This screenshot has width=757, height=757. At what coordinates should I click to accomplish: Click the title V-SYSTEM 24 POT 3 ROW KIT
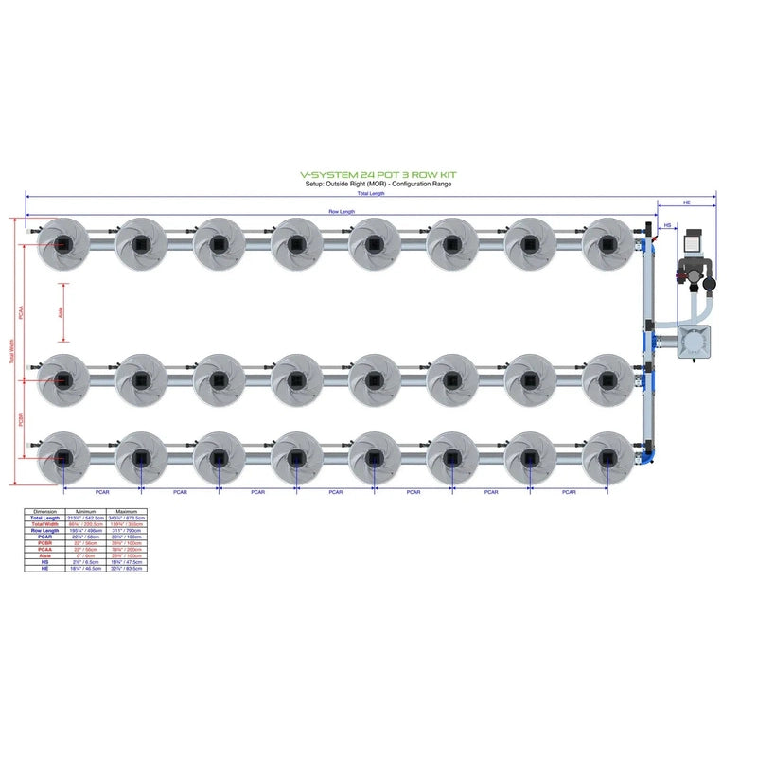(378, 175)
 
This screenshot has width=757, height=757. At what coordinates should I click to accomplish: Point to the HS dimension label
(667, 225)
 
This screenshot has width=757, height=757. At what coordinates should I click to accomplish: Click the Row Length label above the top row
(341, 211)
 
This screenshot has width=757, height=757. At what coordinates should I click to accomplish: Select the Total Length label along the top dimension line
(370, 193)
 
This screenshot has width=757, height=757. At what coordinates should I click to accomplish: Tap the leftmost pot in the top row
(62, 243)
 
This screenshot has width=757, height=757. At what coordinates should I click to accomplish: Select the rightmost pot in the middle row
(607, 379)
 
